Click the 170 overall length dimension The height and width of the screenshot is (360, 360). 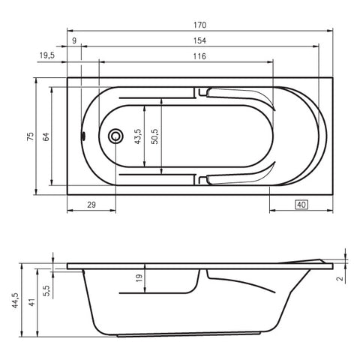[200, 25]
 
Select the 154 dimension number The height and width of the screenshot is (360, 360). [200, 40]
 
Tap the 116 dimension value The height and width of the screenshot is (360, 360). [199, 56]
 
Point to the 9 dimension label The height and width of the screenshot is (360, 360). [74, 40]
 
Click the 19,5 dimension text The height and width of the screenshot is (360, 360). [47, 55]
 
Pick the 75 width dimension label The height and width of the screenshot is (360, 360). [31, 136]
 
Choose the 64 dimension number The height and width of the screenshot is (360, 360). [46, 136]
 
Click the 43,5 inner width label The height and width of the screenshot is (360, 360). [138, 136]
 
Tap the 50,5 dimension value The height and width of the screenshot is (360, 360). [154, 136]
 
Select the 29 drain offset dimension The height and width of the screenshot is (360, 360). [91, 205]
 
